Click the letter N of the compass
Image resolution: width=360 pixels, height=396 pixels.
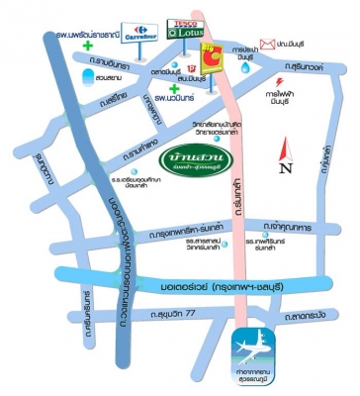[x=287, y=168]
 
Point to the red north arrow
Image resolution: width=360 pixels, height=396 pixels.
[x=285, y=147]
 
